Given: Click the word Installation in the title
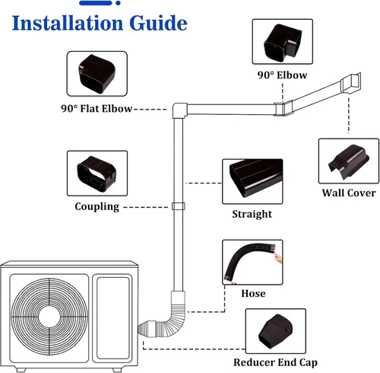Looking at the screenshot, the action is tap(68, 23).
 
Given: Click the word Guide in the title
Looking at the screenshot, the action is tap(158, 23).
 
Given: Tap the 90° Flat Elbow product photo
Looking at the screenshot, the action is tap(97, 74).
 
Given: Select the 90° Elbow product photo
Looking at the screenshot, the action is tap(283, 42).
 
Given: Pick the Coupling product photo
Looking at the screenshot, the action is tap(97, 174).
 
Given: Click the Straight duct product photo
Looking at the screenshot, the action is tap(252, 181).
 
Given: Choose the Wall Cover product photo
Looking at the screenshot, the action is tap(349, 161).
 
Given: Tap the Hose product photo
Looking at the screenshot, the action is tap(252, 262).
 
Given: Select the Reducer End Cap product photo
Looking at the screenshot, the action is tap(276, 331).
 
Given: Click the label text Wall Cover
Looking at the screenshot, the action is tap(349, 193).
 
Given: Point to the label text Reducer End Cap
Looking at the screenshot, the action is tap(275, 362).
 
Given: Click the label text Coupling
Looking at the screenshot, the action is tap(97, 207).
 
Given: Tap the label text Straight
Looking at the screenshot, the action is tap(252, 214).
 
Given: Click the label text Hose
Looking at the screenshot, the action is tap(253, 293).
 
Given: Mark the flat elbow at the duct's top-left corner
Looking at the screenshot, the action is tap(180, 110).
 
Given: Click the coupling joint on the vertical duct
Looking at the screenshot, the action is tap(179, 206).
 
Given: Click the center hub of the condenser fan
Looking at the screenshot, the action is tap(49, 317).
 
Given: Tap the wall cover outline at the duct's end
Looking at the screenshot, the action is tap(350, 83).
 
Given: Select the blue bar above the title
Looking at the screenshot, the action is tap(96, 3).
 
